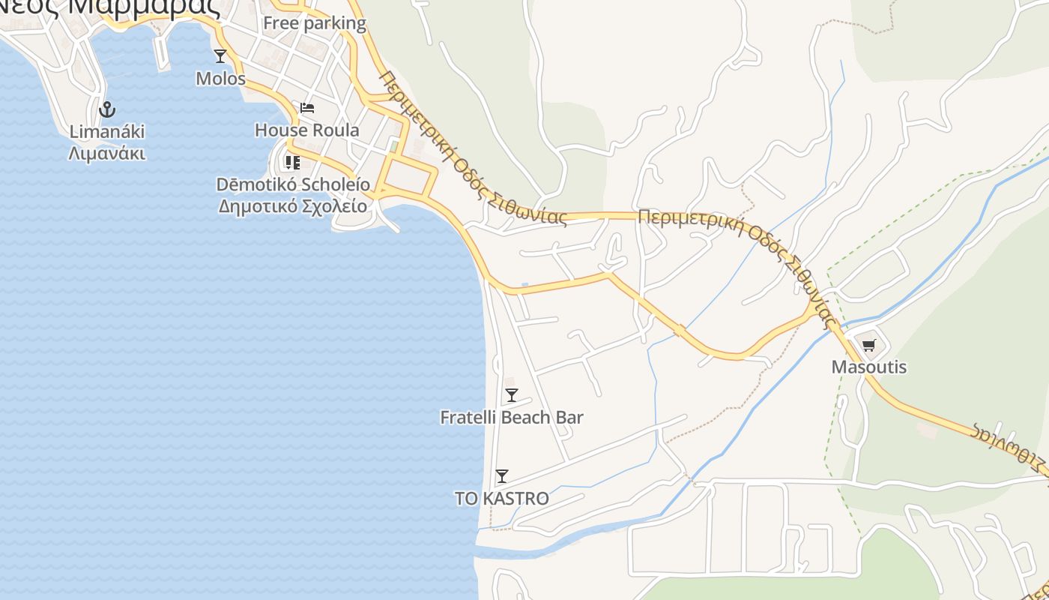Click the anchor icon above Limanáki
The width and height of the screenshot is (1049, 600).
tap(107, 109)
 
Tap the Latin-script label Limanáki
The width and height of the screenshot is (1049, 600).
tap(107, 131)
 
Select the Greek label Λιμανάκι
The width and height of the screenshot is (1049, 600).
tap(107, 154)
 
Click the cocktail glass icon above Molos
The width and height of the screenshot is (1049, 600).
tap(220, 55)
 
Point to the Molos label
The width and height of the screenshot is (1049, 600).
tap(220, 78)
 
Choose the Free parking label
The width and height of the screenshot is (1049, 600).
tap(314, 23)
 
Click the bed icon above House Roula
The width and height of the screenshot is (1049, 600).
tap(306, 107)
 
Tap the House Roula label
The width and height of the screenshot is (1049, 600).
tap(306, 130)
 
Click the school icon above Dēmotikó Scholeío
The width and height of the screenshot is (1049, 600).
tap(292, 162)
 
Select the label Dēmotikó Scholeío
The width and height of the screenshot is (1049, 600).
tap(293, 184)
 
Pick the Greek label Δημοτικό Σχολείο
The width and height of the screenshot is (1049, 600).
tap(293, 206)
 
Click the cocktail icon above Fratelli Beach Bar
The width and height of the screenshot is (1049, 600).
tap(512, 395)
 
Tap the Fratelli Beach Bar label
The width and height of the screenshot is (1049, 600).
tap(512, 418)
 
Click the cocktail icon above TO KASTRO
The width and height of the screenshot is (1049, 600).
tap(502, 476)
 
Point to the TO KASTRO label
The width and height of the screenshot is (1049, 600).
tap(502, 499)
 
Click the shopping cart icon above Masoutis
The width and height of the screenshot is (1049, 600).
tap(868, 345)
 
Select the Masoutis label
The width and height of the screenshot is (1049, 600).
tap(868, 367)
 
